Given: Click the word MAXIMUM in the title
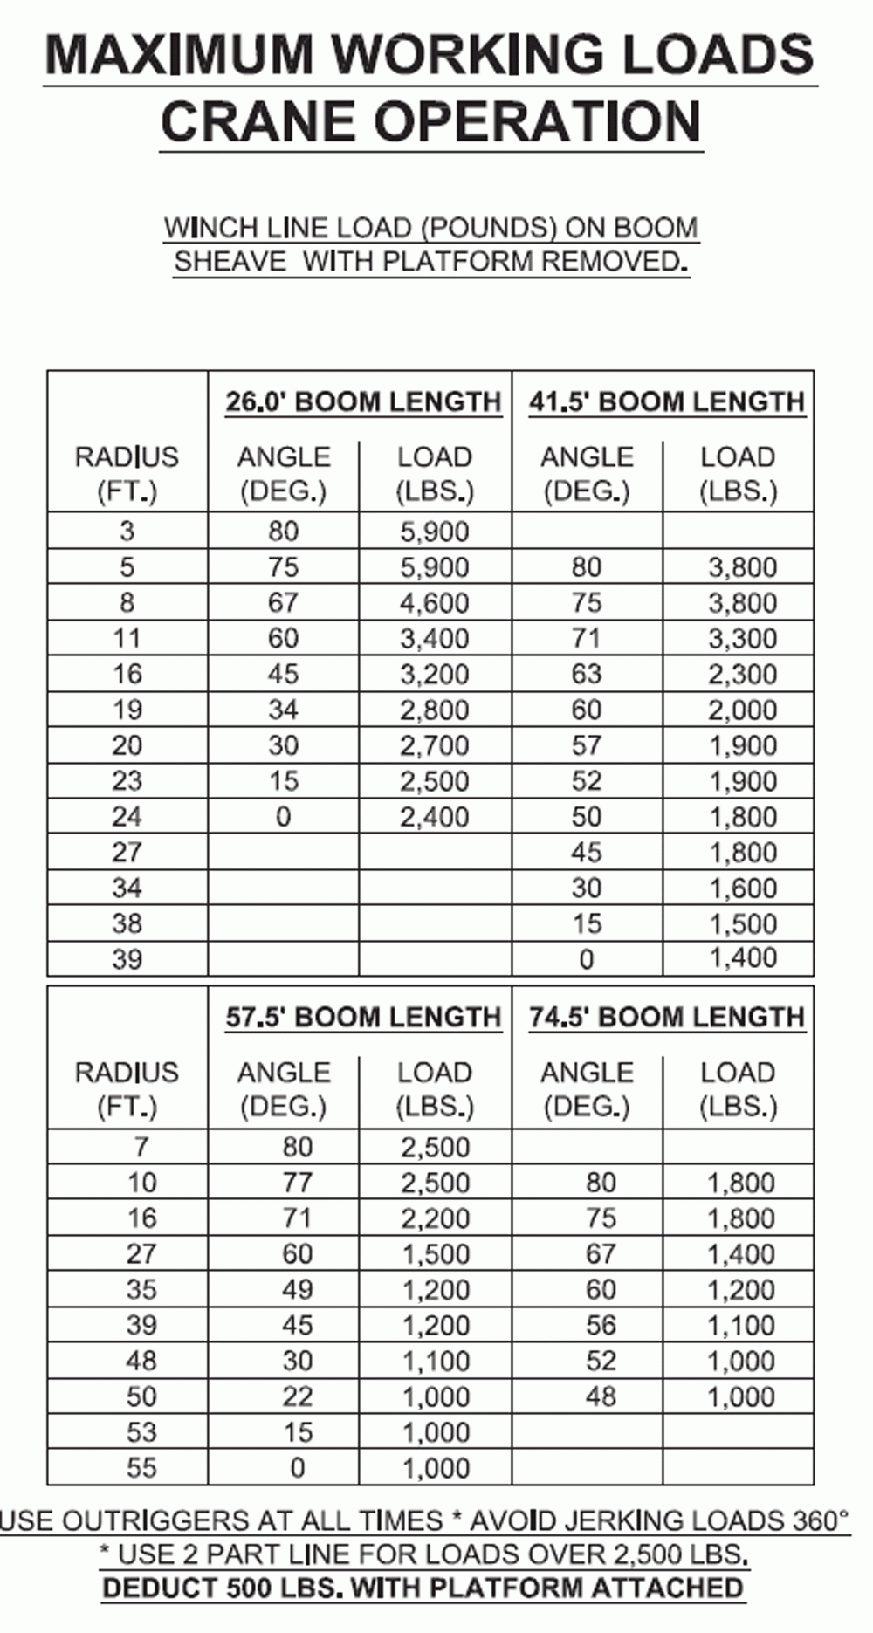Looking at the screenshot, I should click(x=179, y=54).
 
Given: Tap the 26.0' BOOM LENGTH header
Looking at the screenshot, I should click(x=363, y=402).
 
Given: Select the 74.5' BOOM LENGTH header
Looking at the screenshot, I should click(x=666, y=1018).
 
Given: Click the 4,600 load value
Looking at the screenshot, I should click(x=434, y=603).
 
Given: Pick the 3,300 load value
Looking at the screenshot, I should click(x=742, y=639).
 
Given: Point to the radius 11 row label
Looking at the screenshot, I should click(x=127, y=639).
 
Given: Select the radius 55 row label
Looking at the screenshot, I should click(x=141, y=1468).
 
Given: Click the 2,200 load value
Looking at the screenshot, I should click(x=436, y=1218).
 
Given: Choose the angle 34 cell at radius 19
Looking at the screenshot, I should click(x=284, y=710).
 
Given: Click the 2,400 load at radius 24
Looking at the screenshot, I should click(x=434, y=818).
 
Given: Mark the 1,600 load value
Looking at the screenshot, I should click(x=742, y=889).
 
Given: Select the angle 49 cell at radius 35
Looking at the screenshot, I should click(x=297, y=1290).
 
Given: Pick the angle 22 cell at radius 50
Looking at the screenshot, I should click(x=297, y=1397).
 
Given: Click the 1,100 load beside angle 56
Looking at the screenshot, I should click(x=741, y=1326).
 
